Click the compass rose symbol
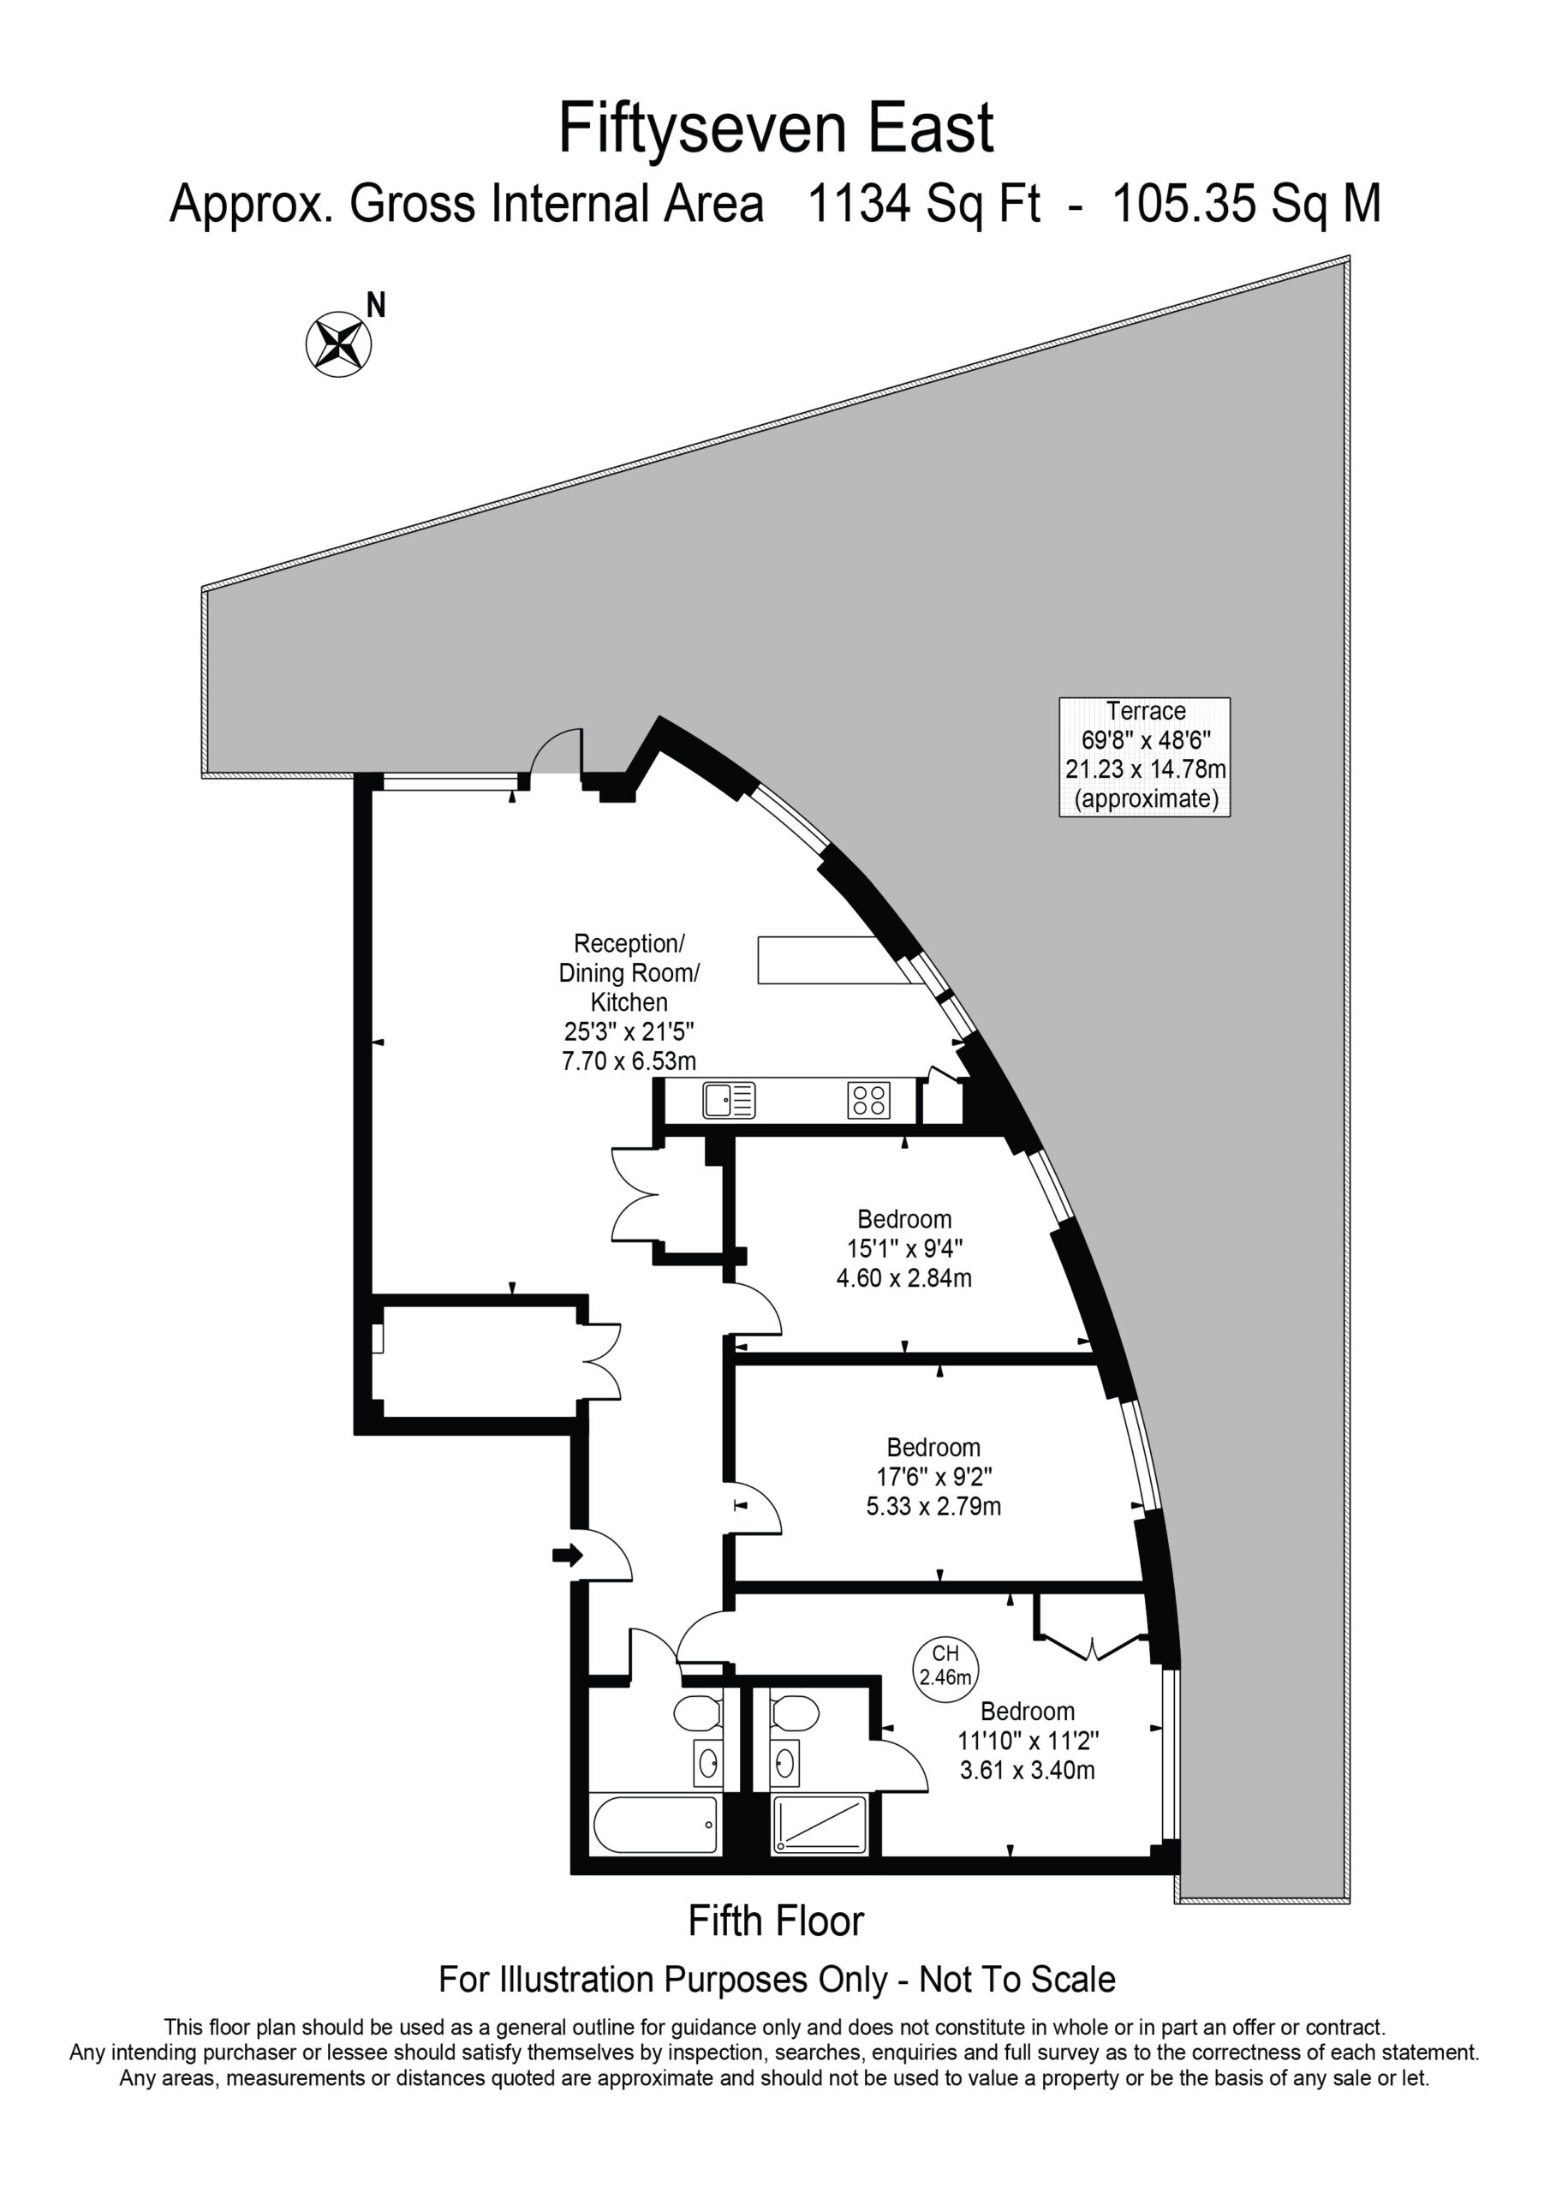(x=338, y=344)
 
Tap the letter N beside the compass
(x=376, y=306)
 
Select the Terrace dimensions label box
(x=1144, y=756)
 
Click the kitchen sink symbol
(x=729, y=1100)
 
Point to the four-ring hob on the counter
(x=868, y=1100)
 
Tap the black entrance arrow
(x=567, y=1556)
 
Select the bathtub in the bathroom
(x=655, y=1826)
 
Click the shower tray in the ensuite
(x=820, y=1826)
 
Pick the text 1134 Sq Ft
(x=923, y=205)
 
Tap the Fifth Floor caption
(x=776, y=1921)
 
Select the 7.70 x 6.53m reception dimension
(x=629, y=1061)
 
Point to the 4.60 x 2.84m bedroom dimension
(x=903, y=1278)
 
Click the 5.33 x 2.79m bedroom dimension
(x=933, y=1506)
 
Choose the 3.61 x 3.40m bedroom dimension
(x=1027, y=1770)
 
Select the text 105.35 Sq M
(x=1247, y=205)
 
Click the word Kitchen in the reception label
(x=629, y=1002)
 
